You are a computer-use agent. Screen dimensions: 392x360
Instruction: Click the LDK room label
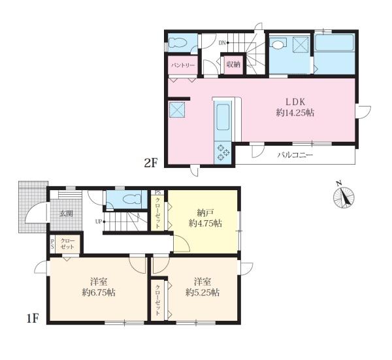tap(295, 102)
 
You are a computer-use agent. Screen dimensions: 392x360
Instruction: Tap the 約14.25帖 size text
tap(295, 113)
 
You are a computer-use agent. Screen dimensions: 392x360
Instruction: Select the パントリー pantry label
tap(183, 65)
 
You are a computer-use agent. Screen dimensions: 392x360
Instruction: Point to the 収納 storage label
tap(233, 65)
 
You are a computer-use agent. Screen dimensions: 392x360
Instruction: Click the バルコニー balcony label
tap(295, 155)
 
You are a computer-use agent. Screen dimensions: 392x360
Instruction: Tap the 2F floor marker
tap(151, 163)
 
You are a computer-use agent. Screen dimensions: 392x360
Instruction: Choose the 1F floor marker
tap(32, 319)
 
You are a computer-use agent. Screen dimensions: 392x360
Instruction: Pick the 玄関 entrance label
tap(66, 214)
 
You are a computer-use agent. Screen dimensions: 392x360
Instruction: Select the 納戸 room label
tap(205, 213)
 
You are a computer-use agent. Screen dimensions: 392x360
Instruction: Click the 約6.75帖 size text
tap(99, 292)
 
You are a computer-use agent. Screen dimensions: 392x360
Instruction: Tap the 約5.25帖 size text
tap(203, 292)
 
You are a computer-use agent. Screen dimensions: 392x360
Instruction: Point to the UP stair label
tap(99, 221)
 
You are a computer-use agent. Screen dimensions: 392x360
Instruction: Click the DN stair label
tap(222, 42)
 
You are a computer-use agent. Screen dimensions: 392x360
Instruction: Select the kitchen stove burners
tap(223, 152)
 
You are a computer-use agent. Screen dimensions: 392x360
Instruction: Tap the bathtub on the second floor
tap(334, 43)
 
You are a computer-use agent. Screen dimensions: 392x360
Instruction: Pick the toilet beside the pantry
tap(177, 42)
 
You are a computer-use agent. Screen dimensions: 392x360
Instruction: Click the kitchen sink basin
tap(223, 117)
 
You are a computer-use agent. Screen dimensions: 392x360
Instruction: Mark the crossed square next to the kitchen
tap(177, 110)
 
